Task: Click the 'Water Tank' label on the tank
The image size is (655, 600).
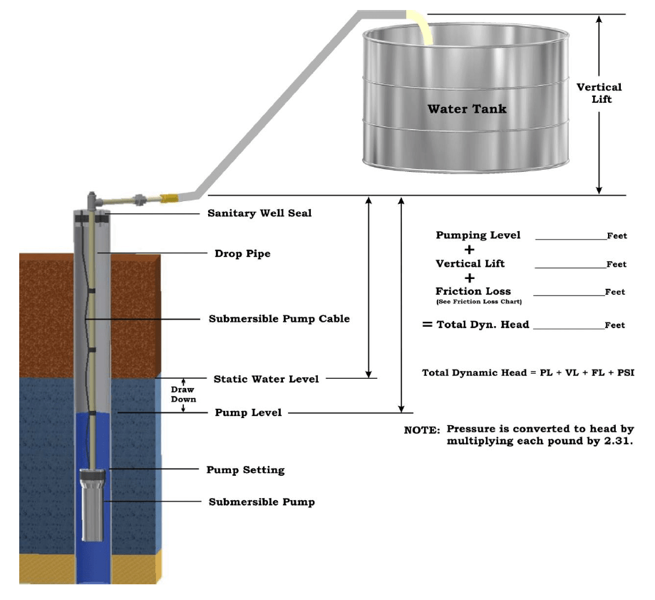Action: coord(467,109)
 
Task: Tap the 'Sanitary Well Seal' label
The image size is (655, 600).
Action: coord(259,213)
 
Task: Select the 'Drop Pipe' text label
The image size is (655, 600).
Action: coord(242,253)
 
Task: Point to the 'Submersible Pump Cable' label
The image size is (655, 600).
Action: coord(279,319)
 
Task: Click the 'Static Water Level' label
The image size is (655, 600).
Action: coord(266,379)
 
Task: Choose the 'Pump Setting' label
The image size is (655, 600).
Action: coord(245,470)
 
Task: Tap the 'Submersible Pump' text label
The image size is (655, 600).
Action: coord(262,502)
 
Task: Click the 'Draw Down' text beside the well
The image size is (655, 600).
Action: coord(183,395)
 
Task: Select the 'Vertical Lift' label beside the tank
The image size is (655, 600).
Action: coord(599,93)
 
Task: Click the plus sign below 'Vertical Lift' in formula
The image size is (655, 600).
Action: coord(470,278)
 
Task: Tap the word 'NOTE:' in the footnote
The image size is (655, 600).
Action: coord(422,430)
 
